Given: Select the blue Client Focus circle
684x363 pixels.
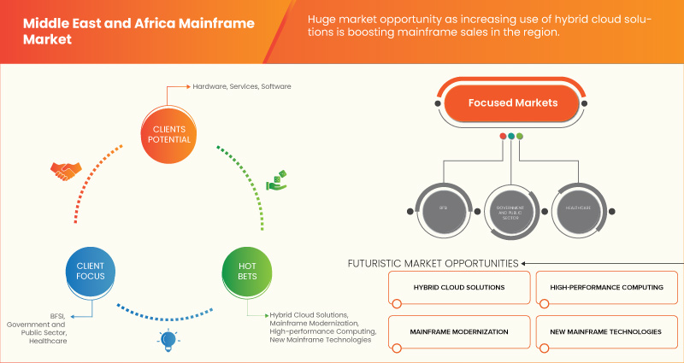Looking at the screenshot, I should (x=91, y=272).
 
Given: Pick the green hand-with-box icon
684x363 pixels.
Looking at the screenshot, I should (x=275, y=181).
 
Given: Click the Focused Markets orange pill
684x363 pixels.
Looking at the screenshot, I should (x=512, y=102).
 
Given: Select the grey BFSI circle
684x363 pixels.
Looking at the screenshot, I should (x=442, y=207).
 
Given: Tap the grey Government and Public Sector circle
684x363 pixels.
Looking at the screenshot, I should (x=510, y=207).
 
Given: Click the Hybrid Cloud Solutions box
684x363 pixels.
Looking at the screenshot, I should (x=458, y=287).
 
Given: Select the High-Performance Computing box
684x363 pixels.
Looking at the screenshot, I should (x=607, y=287).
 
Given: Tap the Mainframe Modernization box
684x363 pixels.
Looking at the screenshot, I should (x=458, y=331).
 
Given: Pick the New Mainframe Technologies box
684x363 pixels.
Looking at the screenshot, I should (x=607, y=331).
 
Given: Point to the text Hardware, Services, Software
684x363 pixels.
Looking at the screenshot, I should (x=241, y=86).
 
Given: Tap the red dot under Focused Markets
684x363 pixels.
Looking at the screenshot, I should (x=503, y=136).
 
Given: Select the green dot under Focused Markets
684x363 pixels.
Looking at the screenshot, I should (x=520, y=136).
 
